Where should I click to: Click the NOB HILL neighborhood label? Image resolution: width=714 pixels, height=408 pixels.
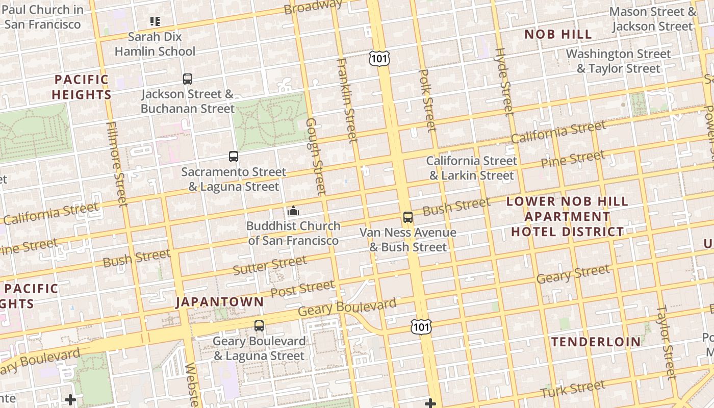(x=558, y=35)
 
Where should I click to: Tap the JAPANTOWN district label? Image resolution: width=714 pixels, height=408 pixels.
(x=220, y=302)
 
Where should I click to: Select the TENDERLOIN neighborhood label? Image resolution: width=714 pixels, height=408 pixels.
(x=596, y=342)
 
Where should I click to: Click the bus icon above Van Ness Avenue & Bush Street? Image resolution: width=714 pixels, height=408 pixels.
(x=408, y=217)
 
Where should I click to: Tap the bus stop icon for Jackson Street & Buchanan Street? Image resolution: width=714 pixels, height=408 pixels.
(x=188, y=79)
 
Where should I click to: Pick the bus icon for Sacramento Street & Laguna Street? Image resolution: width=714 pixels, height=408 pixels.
(x=234, y=157)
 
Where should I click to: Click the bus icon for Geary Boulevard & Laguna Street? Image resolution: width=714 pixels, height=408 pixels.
(x=259, y=326)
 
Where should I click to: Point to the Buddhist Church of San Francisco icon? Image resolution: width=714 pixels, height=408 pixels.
(x=293, y=211)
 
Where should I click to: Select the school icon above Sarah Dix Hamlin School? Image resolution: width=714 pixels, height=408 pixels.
(x=155, y=21)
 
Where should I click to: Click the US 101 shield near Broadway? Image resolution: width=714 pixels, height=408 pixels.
(x=379, y=58)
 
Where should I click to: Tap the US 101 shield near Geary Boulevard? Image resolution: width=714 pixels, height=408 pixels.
(x=421, y=326)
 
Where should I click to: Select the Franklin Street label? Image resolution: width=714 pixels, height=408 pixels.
(x=346, y=100)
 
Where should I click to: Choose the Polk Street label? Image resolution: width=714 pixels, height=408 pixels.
(x=427, y=100)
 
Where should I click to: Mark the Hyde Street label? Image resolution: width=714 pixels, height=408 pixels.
(x=503, y=82)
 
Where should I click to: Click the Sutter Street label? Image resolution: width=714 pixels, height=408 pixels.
(x=270, y=265)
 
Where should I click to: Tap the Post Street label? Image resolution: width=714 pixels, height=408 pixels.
(x=302, y=289)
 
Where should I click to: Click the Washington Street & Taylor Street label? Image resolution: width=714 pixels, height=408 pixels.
(x=618, y=61)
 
